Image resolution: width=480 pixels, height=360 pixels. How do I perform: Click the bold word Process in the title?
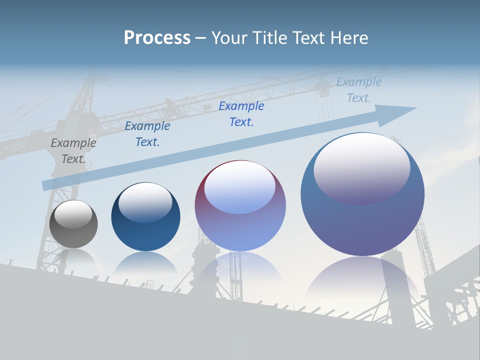[x=157, y=38]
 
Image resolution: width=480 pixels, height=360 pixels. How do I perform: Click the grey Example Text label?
[x=73, y=151]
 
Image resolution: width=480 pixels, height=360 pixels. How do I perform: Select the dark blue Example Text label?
[x=147, y=134]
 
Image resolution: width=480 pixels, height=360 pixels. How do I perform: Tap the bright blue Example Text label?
[x=241, y=114]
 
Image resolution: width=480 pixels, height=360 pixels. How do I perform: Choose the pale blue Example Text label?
[x=359, y=90]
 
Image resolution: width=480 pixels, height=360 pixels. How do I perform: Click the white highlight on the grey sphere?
[x=73, y=214]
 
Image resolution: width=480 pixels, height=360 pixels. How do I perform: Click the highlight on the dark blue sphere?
[x=145, y=201]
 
